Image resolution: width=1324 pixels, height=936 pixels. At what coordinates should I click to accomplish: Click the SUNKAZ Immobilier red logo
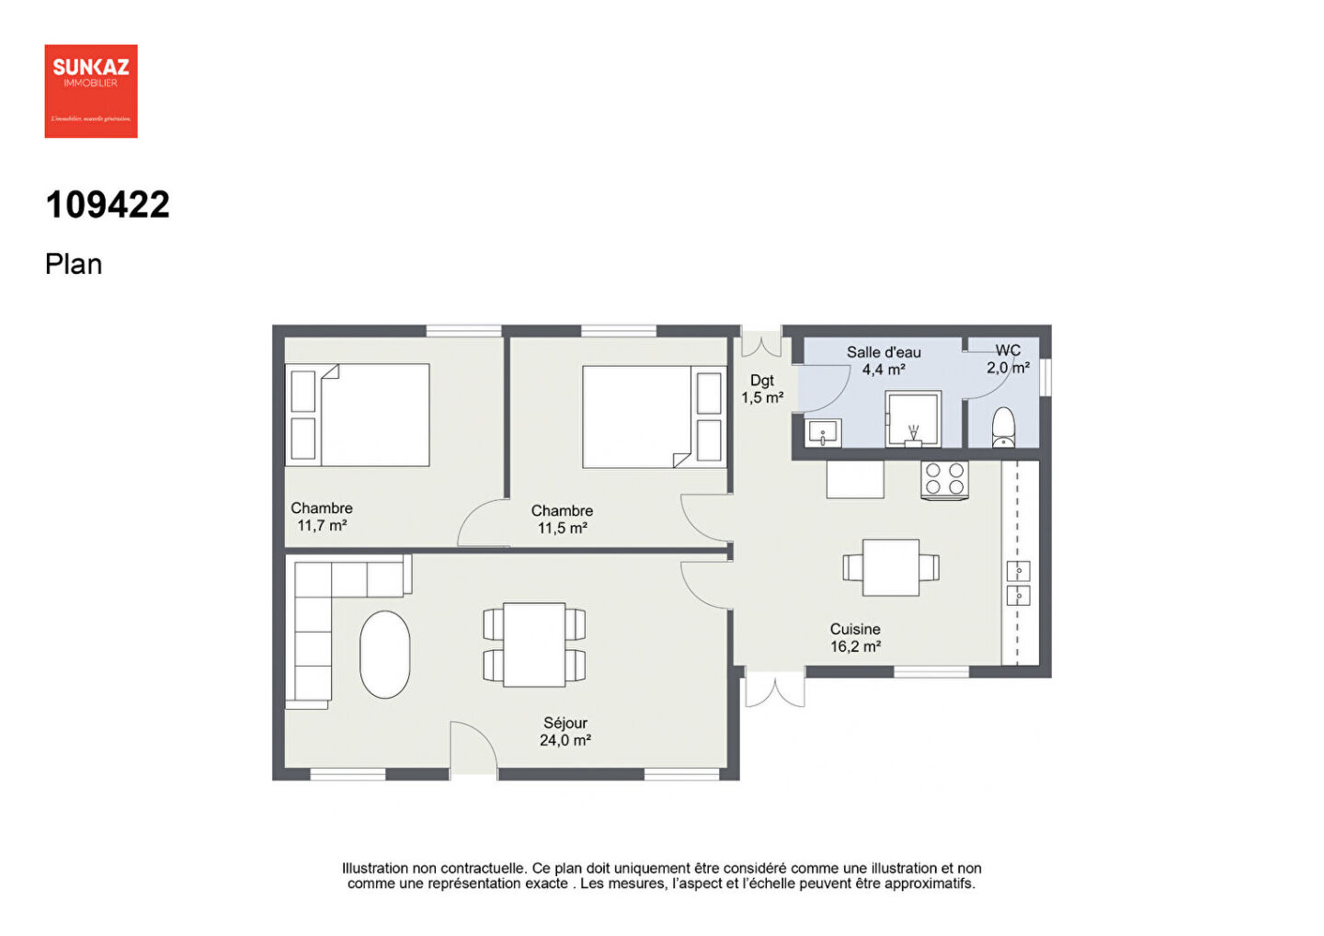[x=91, y=91]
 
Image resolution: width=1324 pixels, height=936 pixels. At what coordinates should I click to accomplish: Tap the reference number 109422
[x=108, y=205]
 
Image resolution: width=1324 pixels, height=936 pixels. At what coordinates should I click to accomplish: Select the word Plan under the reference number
[x=74, y=265]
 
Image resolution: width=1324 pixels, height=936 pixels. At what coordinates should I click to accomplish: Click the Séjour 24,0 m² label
[x=565, y=732]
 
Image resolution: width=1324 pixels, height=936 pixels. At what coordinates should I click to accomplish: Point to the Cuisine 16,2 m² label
[x=855, y=638]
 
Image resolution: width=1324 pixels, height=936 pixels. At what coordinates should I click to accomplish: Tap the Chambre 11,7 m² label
[x=322, y=517]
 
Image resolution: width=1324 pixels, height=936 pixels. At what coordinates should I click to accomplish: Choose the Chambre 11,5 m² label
[x=562, y=519]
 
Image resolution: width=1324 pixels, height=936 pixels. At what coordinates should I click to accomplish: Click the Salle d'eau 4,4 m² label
[x=884, y=360]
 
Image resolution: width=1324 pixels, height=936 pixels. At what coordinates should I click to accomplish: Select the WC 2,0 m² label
[x=1008, y=359]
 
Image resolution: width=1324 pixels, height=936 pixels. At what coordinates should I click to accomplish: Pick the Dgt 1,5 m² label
[x=762, y=389]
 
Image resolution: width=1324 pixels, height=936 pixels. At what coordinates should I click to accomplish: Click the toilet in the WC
[x=1003, y=428]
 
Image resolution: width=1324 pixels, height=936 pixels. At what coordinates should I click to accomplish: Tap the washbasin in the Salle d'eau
[x=824, y=432]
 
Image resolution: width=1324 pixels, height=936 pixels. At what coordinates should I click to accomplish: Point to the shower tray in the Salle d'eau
[x=913, y=419]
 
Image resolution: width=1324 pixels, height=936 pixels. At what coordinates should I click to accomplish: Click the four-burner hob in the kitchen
[x=944, y=479]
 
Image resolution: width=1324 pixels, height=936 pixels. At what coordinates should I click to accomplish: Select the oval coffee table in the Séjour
[x=384, y=654]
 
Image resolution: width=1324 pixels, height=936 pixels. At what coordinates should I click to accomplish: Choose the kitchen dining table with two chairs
[x=891, y=567]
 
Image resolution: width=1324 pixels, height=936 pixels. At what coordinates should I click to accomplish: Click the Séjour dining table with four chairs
[x=534, y=645]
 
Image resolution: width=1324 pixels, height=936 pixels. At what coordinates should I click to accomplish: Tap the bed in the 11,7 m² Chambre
[x=374, y=415]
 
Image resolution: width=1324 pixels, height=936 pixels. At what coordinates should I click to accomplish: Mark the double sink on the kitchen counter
[x=1018, y=583]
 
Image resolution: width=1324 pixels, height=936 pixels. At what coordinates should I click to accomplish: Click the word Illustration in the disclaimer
[x=374, y=868]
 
